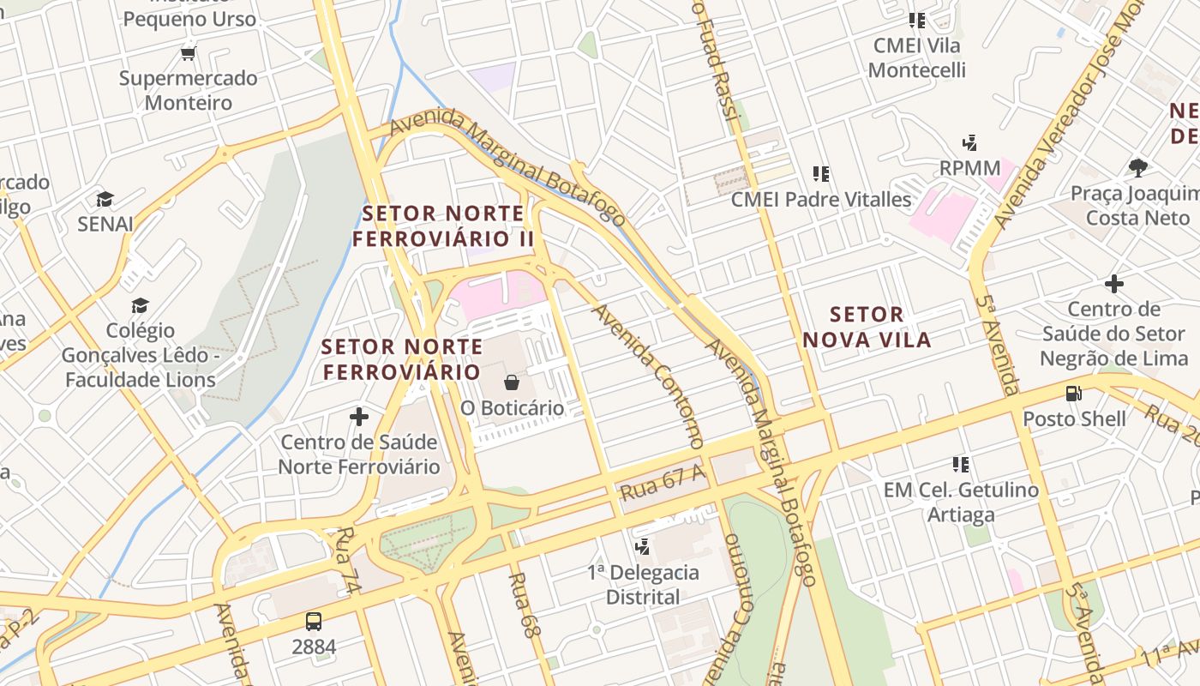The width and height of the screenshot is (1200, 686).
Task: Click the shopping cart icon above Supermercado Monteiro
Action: [x=189, y=53]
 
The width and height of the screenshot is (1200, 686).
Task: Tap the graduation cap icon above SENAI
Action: [x=105, y=199]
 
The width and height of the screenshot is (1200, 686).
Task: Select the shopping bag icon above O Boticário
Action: [x=512, y=382]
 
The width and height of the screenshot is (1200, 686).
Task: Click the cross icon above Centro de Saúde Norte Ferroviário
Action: [x=359, y=417]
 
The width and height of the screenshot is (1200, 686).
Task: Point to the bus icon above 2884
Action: [x=314, y=621]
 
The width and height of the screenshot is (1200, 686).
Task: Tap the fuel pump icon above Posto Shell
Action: [x=1073, y=394]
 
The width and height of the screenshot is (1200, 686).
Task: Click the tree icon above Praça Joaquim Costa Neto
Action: [x=1138, y=167]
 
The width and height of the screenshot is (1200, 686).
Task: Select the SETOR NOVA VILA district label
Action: [x=867, y=327]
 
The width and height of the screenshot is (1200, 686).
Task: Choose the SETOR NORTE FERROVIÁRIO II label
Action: [x=443, y=226]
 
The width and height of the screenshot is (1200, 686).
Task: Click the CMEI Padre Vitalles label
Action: [x=821, y=200]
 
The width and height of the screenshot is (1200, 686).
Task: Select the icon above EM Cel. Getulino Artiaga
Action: [x=961, y=465]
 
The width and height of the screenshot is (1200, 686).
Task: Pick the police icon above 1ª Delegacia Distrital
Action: [x=642, y=546]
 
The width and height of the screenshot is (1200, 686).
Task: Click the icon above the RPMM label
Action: [x=969, y=142]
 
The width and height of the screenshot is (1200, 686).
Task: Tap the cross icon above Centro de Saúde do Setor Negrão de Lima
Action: [x=1113, y=283]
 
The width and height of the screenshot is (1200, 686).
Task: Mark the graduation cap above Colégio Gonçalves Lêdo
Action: [x=140, y=305]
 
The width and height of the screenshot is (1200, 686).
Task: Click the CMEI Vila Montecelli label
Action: [x=916, y=57]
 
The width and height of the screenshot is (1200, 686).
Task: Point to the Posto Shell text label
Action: [x=1074, y=419]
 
